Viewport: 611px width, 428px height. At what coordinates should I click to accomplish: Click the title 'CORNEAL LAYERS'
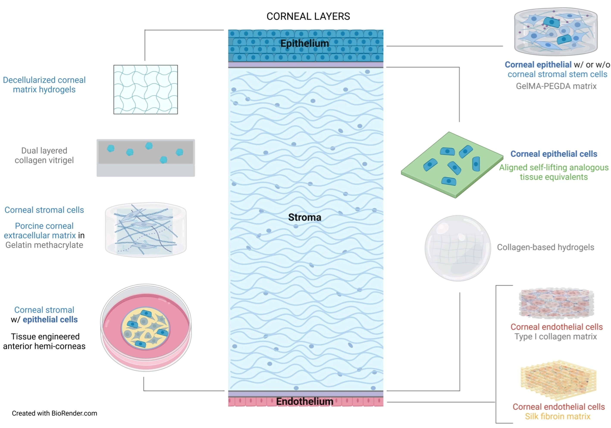tap(308, 17)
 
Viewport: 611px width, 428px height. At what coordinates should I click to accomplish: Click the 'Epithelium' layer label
tap(305, 43)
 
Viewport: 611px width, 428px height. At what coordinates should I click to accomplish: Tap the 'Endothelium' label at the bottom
tap(305, 401)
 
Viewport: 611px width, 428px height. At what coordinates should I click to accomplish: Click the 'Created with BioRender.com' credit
tap(55, 413)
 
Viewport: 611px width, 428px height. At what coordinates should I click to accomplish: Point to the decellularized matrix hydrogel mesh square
tap(146, 90)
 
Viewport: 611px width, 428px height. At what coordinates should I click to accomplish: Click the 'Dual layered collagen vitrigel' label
tap(44, 155)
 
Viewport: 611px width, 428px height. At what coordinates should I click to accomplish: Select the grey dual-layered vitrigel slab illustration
tap(146, 158)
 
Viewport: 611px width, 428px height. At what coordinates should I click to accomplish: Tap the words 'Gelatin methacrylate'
tap(44, 245)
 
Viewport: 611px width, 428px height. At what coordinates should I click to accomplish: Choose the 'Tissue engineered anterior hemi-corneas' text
tap(44, 342)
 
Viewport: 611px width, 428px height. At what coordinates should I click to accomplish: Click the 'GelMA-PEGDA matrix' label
tap(556, 86)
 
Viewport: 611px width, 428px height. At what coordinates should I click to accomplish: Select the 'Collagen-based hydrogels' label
tap(545, 247)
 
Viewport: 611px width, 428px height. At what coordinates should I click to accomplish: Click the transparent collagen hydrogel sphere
tap(458, 248)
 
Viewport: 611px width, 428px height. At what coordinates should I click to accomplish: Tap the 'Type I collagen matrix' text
tap(556, 337)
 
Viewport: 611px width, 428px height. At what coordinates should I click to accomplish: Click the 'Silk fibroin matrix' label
tap(558, 417)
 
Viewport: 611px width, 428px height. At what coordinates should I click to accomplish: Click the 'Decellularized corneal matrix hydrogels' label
tap(44, 85)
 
